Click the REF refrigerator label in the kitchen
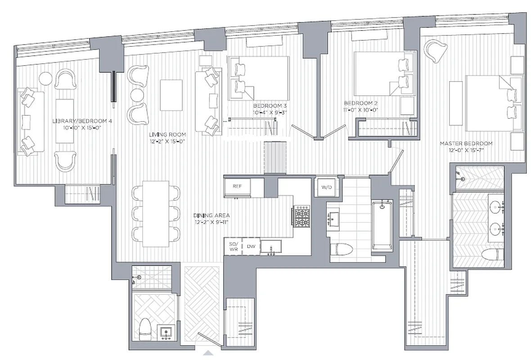coord(238,186)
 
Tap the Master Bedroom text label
coord(466,146)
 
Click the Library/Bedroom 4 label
coord(81,124)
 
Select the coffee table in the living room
coord(171,95)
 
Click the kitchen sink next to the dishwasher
coord(271,247)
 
